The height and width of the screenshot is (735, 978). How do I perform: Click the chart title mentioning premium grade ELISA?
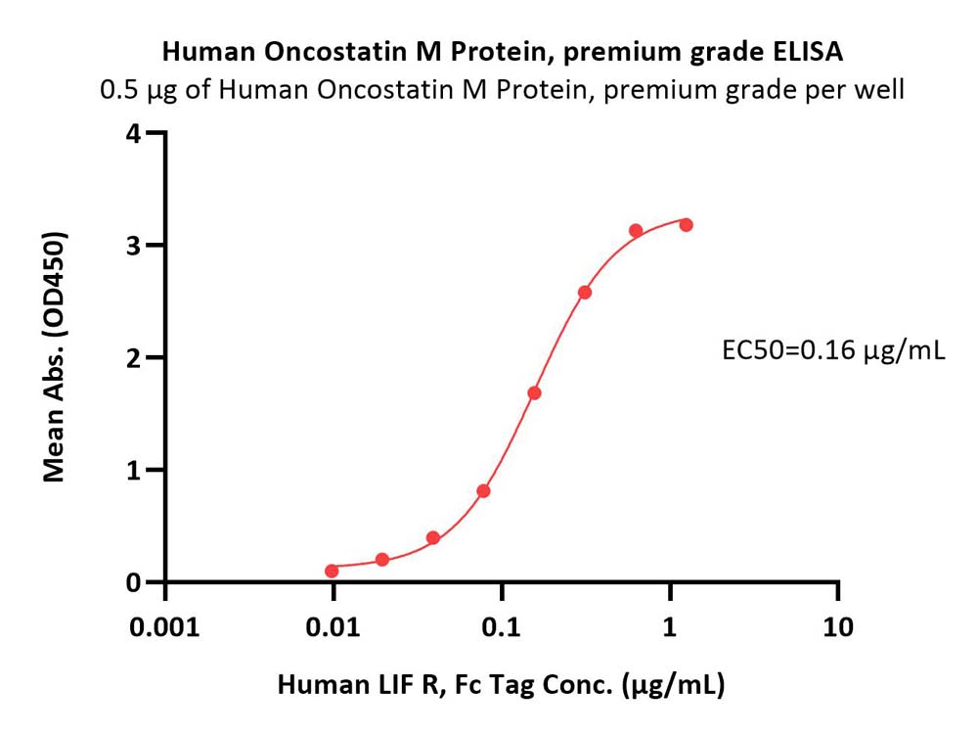click(503, 53)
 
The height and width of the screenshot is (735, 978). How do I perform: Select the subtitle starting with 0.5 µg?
click(502, 90)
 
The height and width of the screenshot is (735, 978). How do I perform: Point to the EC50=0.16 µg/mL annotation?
click(833, 350)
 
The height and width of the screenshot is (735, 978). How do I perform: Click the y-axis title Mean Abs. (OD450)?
click(54, 357)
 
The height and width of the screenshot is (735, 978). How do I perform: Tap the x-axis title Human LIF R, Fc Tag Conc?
click(501, 685)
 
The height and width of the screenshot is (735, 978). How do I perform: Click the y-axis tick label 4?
click(133, 134)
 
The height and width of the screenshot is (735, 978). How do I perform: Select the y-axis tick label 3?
click(133, 247)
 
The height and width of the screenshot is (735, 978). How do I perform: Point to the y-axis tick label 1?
click(133, 471)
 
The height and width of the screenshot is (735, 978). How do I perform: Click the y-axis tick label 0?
click(133, 583)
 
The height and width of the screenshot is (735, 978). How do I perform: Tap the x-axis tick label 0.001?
click(164, 627)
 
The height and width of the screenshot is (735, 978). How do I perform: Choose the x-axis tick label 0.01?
click(333, 627)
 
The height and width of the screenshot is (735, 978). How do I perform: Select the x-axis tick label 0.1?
click(502, 627)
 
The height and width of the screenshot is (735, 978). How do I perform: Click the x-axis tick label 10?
click(838, 627)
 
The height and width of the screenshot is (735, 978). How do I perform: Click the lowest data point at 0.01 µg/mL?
click(332, 571)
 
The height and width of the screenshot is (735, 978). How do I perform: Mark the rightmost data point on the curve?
click(687, 225)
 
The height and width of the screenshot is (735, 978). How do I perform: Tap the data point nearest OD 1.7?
click(534, 393)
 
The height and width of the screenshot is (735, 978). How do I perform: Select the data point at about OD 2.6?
click(585, 292)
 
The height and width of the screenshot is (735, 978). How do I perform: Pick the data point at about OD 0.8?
click(483, 491)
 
